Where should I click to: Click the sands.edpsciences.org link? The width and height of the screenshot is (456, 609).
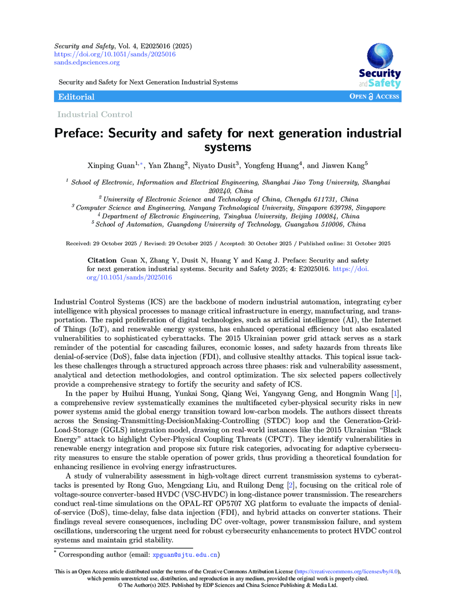(87, 62)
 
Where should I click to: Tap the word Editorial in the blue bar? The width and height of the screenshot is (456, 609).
(76, 97)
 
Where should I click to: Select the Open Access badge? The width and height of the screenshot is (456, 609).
(374, 97)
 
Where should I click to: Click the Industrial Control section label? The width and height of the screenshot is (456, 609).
(95, 115)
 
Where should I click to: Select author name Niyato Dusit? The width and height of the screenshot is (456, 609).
(213, 167)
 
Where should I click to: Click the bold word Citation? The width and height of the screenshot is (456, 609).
(102, 260)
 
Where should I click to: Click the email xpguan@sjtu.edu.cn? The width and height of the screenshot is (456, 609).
(185, 555)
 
